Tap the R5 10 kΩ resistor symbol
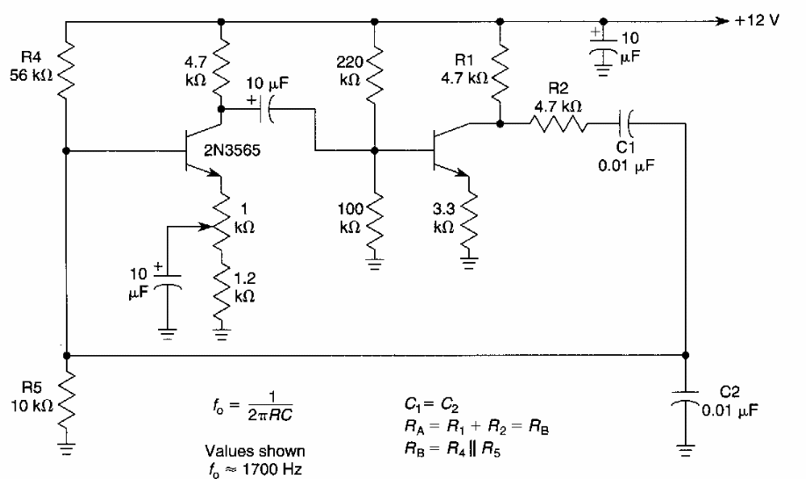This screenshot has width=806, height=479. (67, 400)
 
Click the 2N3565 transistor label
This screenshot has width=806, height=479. (232, 150)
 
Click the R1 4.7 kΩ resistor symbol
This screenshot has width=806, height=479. (500, 75)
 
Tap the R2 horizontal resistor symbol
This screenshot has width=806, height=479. (563, 124)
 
